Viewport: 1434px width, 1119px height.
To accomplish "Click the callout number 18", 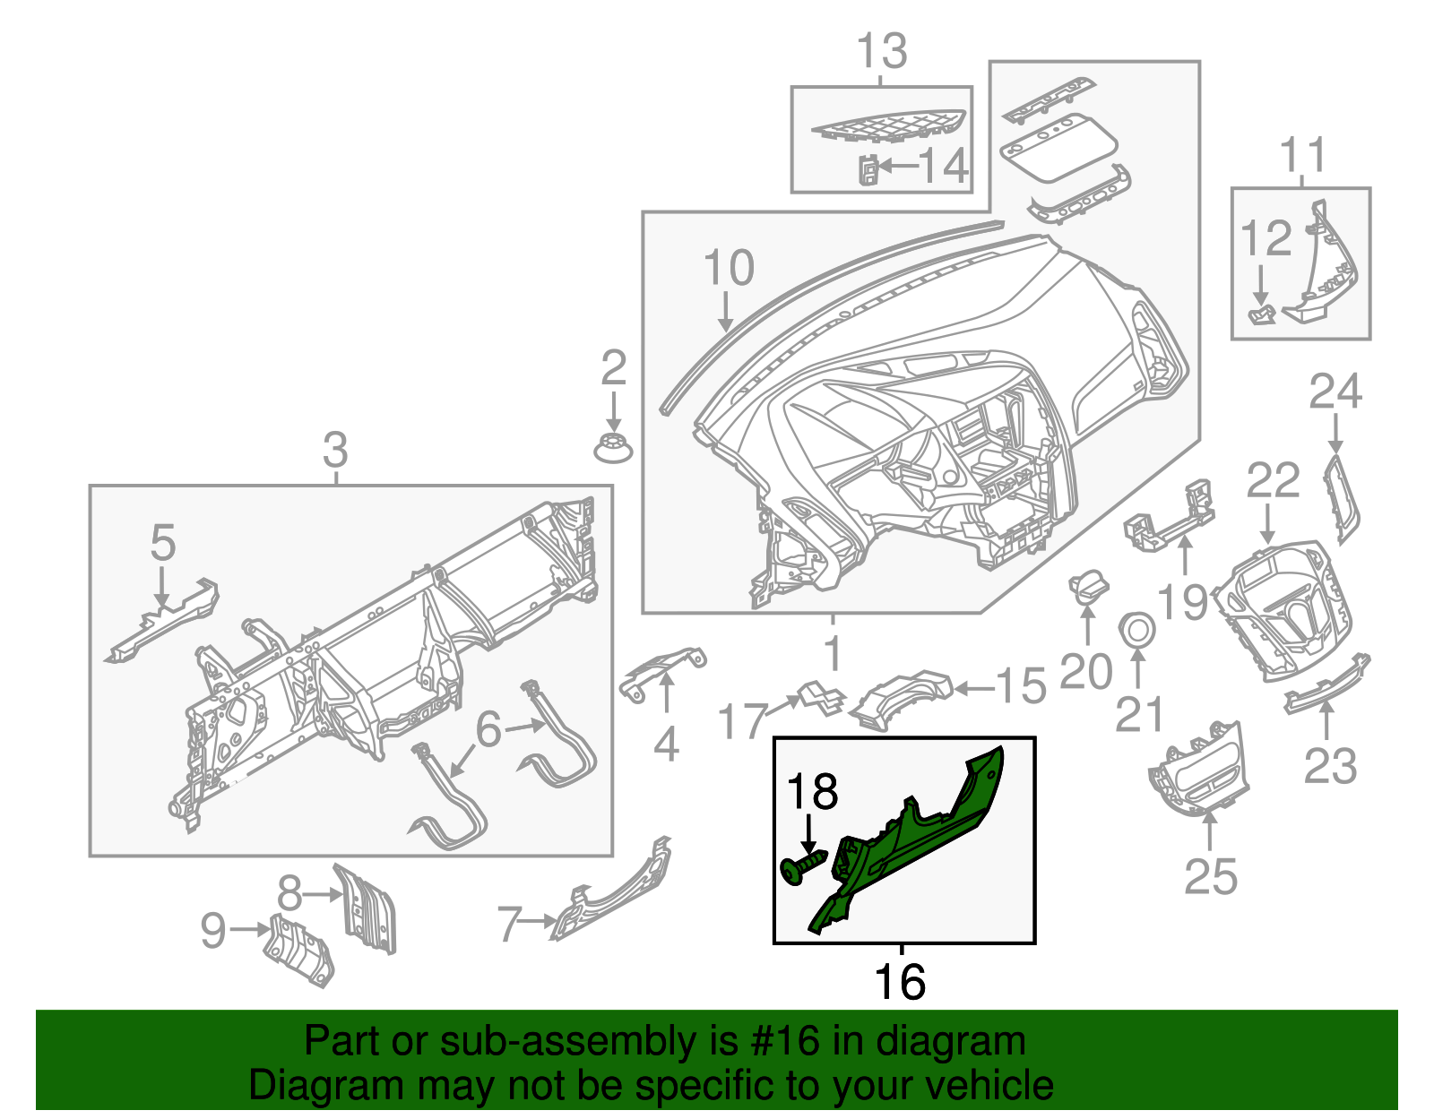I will tap(812, 792).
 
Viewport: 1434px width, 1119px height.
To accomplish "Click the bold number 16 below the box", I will tap(900, 982).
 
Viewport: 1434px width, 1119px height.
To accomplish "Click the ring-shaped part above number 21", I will tap(1136, 628).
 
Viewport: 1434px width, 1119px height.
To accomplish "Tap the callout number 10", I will tap(729, 268).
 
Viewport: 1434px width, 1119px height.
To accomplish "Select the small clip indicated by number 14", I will tap(868, 169).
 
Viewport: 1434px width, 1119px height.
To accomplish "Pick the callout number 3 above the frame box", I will tap(335, 450).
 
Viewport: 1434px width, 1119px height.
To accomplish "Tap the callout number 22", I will tap(1273, 481).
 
